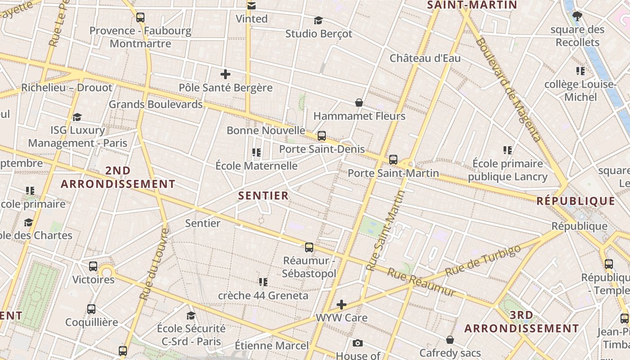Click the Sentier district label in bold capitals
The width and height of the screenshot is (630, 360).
coord(263,195)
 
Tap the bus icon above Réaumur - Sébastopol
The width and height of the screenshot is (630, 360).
coord(309,247)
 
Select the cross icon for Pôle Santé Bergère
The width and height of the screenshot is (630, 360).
coord(225,74)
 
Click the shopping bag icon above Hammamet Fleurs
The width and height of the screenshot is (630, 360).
coord(359,103)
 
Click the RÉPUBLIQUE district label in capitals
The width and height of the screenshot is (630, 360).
coord(576,201)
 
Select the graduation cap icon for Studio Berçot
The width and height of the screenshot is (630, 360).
coord(318,21)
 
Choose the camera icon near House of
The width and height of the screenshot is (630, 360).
coord(357,343)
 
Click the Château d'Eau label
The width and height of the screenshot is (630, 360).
coord(425,58)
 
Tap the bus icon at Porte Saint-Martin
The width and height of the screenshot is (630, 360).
coord(393,160)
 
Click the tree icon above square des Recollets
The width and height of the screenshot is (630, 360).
coord(577,17)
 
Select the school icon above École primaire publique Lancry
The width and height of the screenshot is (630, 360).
coord(508,150)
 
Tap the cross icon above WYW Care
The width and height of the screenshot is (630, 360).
coord(342,305)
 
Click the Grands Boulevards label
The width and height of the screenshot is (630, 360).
coord(156,104)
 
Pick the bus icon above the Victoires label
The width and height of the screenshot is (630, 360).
coord(93,266)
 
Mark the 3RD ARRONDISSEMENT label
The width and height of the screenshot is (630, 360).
coord(522,322)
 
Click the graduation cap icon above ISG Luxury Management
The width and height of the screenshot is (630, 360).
coord(77,117)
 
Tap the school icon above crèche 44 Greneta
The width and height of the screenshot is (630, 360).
coord(263,282)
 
